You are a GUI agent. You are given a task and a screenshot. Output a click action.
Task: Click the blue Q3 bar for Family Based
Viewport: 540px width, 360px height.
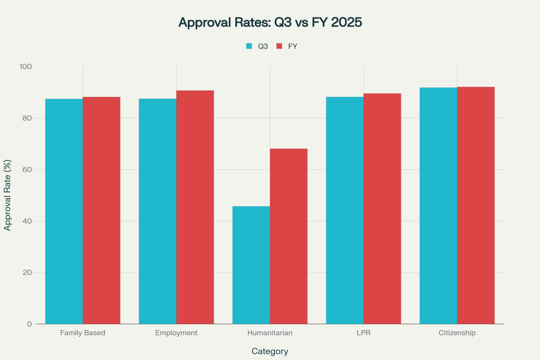[x=64, y=211]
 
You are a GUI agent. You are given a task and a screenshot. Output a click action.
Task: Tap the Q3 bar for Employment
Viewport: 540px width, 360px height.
[x=157, y=211]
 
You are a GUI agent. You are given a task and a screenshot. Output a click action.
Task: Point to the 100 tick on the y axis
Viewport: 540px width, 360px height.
[x=26, y=67]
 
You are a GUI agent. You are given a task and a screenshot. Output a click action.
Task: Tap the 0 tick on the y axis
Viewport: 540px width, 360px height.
[x=29, y=324]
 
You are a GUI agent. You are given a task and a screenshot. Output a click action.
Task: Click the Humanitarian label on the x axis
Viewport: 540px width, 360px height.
[x=269, y=333]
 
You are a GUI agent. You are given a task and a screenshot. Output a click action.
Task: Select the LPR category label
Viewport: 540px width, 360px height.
[x=363, y=333]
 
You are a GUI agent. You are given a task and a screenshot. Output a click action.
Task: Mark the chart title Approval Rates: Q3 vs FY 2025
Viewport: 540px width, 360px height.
[x=270, y=23]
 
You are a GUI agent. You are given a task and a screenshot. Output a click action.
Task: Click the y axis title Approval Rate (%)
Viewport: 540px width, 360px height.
[x=8, y=195]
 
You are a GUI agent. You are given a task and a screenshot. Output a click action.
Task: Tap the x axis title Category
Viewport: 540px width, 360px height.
[x=269, y=351]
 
